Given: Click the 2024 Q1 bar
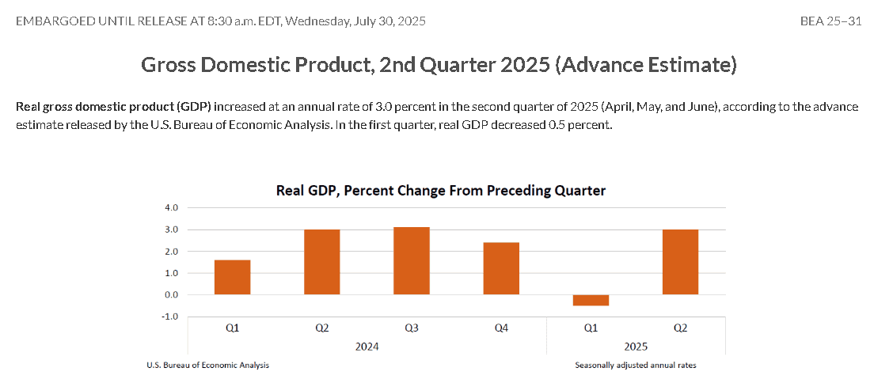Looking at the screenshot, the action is pos(233,277).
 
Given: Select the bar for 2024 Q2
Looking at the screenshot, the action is pos(321,262).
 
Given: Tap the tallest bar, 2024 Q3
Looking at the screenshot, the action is pos(412,261).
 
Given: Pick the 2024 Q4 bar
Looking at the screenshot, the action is pos(501,269).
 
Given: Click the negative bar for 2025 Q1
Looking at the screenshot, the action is pos(591,301).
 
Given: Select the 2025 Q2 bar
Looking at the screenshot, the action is pos(680,262).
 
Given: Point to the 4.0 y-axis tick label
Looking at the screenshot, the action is pos(171,208).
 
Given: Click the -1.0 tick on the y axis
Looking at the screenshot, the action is pos(169,317).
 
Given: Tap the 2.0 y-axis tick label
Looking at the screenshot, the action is pos(171,252).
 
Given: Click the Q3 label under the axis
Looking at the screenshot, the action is pos(412,328).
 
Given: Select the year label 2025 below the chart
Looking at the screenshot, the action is pos(636,347).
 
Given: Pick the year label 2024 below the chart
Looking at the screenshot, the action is pos(367,347).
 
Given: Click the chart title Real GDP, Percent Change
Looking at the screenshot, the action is pos(441,191).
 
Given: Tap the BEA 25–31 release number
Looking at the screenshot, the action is pos(830,21).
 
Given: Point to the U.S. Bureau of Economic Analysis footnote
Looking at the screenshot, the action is pos(208,366).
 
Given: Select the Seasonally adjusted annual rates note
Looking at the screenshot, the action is pos(636,366).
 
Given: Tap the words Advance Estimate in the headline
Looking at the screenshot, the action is pos(647,65).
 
